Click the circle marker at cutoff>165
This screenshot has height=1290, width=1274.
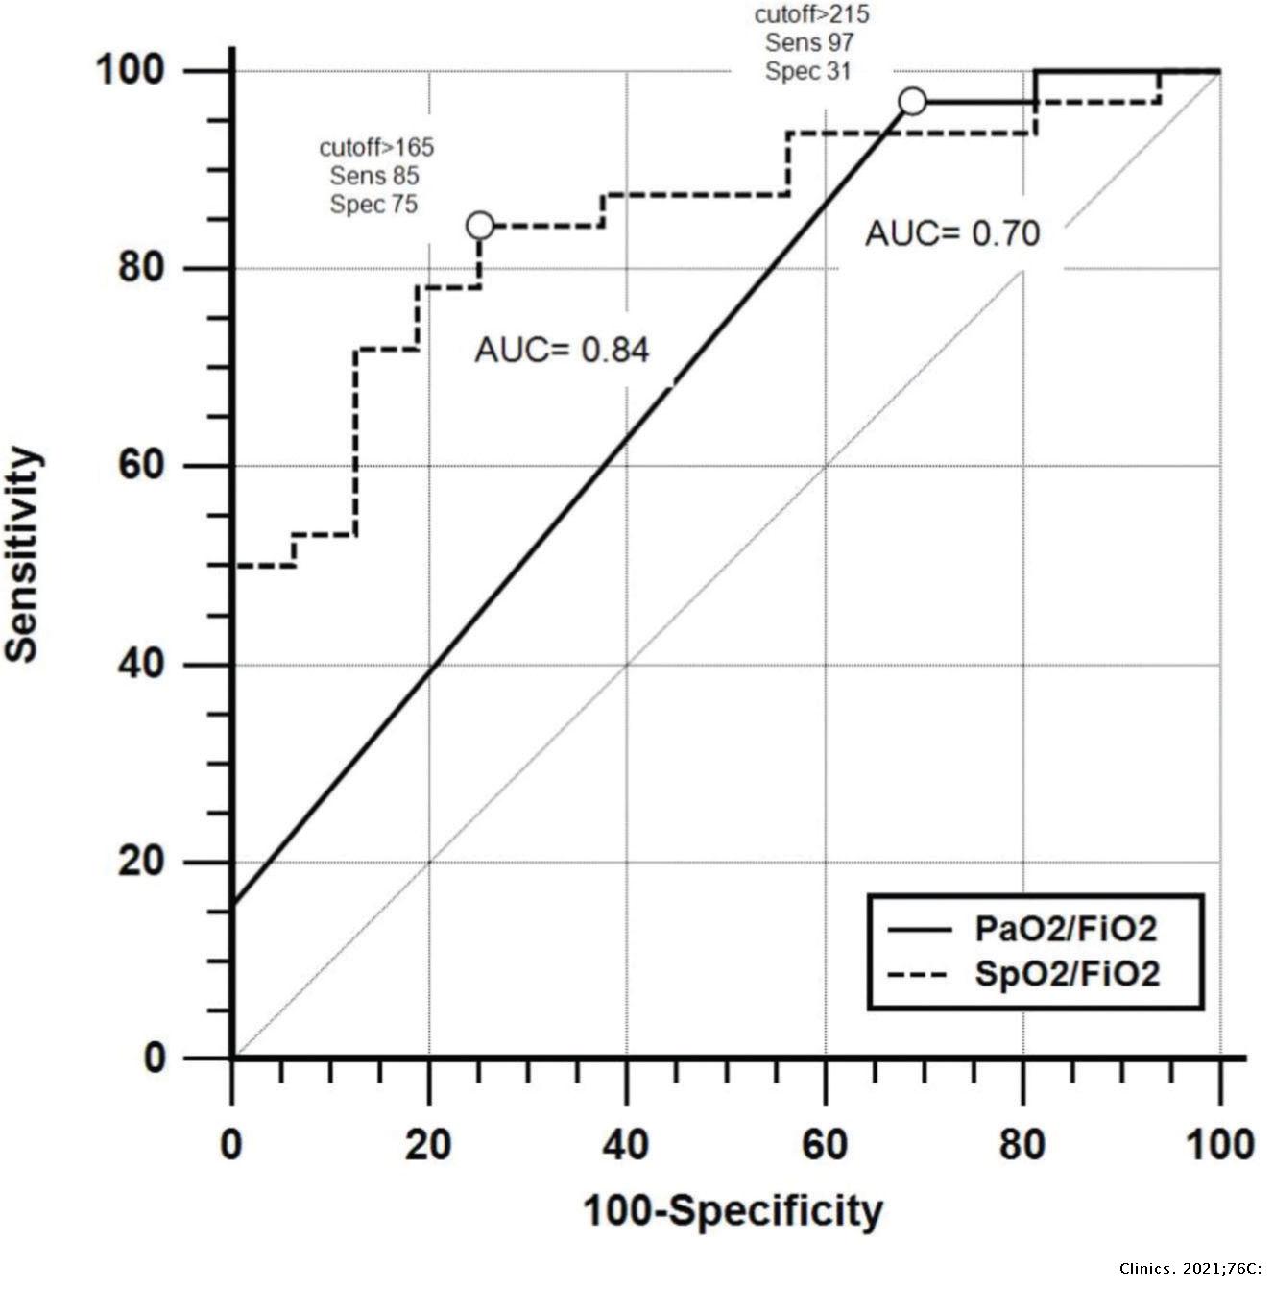pos(480,226)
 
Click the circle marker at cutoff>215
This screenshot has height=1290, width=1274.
pos(912,101)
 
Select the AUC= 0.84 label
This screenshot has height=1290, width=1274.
pos(562,351)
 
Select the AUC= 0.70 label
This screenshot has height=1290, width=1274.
pos(952,233)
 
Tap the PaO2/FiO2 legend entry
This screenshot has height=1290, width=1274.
pos(1067,929)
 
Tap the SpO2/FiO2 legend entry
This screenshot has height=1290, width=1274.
pos(1067,974)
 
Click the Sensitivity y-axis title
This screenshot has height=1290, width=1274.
pos(24,554)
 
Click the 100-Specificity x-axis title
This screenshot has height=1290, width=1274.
pos(733,1211)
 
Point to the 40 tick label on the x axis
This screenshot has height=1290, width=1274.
pos(627,1145)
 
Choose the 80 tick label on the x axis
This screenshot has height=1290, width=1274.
pos(1022,1145)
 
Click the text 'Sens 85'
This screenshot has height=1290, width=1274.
pos(374,176)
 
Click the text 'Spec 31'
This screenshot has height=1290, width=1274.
pos(808,71)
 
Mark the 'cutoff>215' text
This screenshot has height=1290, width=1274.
pos(812,14)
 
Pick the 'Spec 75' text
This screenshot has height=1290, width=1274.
pos(374,205)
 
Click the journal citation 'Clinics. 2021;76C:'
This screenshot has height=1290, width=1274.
pos(1190,1269)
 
